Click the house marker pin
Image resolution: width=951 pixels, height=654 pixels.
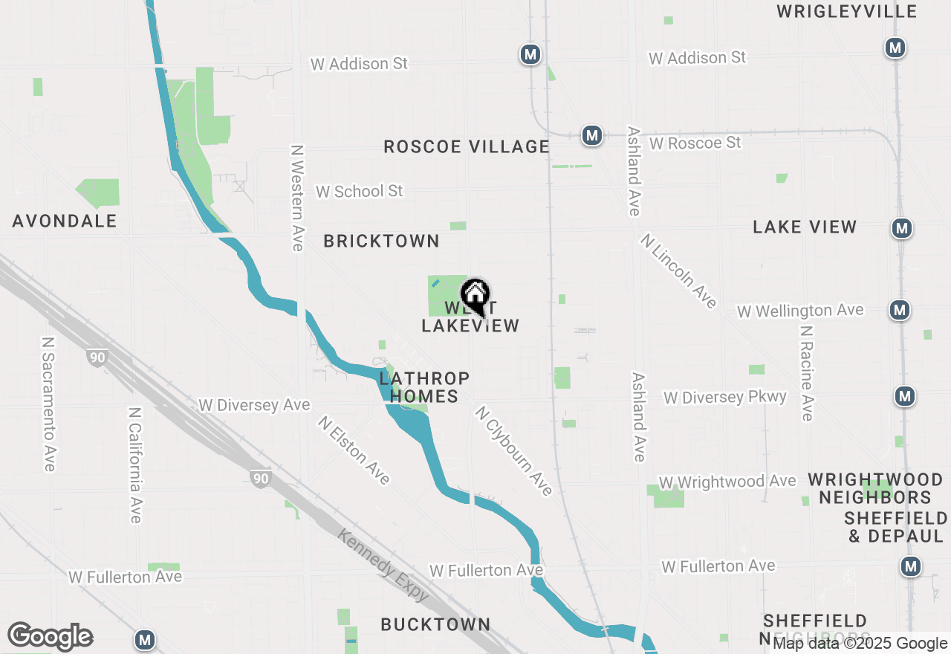475,295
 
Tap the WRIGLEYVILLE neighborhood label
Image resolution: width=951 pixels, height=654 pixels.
847,11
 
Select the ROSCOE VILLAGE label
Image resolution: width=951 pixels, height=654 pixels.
467,146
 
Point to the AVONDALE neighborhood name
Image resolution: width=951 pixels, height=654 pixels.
65,221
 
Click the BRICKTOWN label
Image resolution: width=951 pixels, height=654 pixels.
381,241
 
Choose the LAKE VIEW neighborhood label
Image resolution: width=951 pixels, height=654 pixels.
805,227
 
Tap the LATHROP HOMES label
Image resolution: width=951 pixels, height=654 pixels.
424,387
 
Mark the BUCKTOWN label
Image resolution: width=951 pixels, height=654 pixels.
435,624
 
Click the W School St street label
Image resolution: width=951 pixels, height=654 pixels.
359,191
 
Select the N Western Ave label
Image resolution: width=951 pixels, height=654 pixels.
297,198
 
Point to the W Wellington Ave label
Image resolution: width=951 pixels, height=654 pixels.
800,310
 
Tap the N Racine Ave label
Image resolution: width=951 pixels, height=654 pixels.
807,372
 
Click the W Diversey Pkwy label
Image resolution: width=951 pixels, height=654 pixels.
724,397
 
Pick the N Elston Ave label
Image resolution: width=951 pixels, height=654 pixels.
354,450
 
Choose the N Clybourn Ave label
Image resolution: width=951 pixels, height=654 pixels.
514,451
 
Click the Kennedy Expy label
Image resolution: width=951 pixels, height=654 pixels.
383,565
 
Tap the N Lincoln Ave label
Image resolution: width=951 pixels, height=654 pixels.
678,271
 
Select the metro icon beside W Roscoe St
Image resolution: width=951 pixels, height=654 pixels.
591,135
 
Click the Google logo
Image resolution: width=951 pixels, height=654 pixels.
50,637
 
